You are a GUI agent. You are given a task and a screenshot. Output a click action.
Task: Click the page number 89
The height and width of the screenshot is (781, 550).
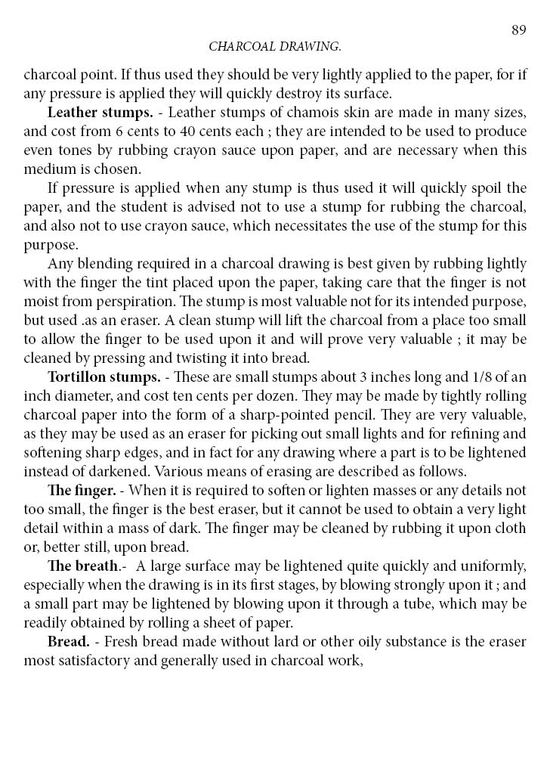coord(518,30)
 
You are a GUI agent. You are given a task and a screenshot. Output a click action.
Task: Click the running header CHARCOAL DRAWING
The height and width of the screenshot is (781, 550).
coord(275,47)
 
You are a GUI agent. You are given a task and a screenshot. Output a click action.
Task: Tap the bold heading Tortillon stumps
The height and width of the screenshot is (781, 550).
coord(104,377)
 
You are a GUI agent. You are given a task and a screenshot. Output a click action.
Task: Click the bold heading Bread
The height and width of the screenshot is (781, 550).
coord(69,641)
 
